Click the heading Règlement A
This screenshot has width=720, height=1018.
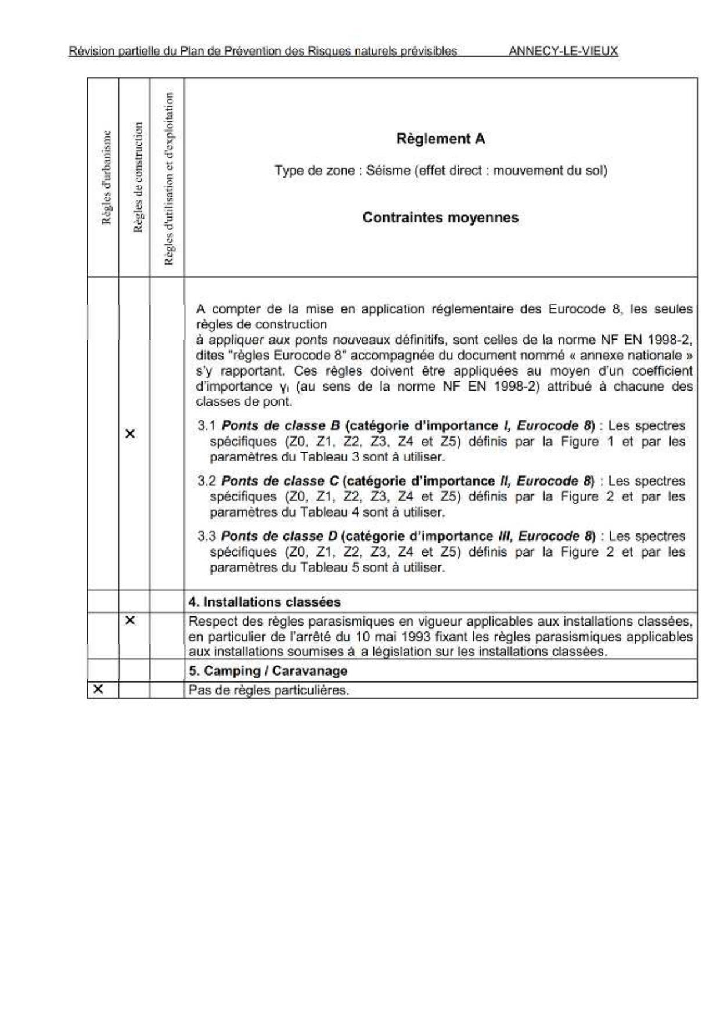click(440, 139)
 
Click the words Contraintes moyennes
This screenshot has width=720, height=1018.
click(440, 218)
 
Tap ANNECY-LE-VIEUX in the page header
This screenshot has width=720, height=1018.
click(563, 51)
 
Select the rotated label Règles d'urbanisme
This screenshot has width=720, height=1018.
click(106, 177)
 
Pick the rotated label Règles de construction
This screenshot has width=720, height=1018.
click(138, 177)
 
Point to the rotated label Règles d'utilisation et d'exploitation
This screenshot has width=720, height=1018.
click(168, 179)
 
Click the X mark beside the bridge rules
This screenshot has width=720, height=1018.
click(130, 434)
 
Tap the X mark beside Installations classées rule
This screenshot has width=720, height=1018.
click(130, 620)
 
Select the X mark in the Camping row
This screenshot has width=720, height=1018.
click(98, 689)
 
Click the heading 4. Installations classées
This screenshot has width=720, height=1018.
click(264, 602)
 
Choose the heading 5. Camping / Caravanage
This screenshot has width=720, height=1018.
click(268, 671)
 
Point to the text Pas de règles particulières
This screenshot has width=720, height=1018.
click(268, 690)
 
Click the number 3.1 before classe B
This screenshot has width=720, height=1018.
click(206, 426)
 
